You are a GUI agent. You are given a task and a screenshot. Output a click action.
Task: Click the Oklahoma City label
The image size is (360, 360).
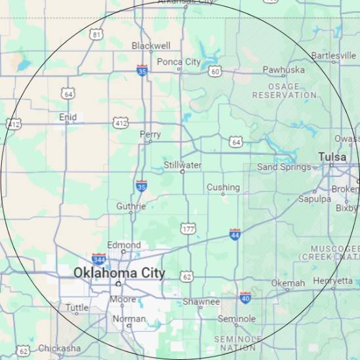tap(119, 273)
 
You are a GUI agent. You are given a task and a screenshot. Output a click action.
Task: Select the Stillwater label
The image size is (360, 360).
tap(182, 165)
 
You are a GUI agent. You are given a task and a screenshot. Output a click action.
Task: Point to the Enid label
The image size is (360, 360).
tap(68, 117)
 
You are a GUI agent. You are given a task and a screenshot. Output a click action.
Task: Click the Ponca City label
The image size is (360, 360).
tap(178, 62)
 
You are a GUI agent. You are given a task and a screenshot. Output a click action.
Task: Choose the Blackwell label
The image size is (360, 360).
tap(151, 46)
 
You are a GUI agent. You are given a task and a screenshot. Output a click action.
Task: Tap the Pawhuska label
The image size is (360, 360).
tap(283, 70)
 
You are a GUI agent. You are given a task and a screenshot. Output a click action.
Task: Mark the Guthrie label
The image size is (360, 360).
tap(130, 206)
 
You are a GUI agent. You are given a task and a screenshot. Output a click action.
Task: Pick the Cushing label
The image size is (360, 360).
tap(223, 187)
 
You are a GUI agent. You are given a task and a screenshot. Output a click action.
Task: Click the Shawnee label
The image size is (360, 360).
tap(201, 302)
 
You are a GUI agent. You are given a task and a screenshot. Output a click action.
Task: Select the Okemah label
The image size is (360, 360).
tap(288, 283)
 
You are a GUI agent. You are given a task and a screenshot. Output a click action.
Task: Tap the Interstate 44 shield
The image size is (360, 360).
tap(235, 234)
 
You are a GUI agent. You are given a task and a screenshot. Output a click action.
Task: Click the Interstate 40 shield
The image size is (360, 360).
tap(245, 298)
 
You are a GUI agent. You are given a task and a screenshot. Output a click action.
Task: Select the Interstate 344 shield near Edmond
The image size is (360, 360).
tap(99, 259)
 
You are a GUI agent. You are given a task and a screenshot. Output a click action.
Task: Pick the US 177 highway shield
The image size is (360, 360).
tap(188, 228)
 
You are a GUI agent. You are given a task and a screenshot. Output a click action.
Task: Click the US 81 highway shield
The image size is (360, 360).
tap(97, 33)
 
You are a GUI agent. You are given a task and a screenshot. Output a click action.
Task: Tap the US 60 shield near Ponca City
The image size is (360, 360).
tap(214, 71)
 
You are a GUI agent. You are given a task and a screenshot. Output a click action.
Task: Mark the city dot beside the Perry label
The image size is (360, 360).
tap(150, 141)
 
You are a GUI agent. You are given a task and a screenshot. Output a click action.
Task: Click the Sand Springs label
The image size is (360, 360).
tap(283, 167)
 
